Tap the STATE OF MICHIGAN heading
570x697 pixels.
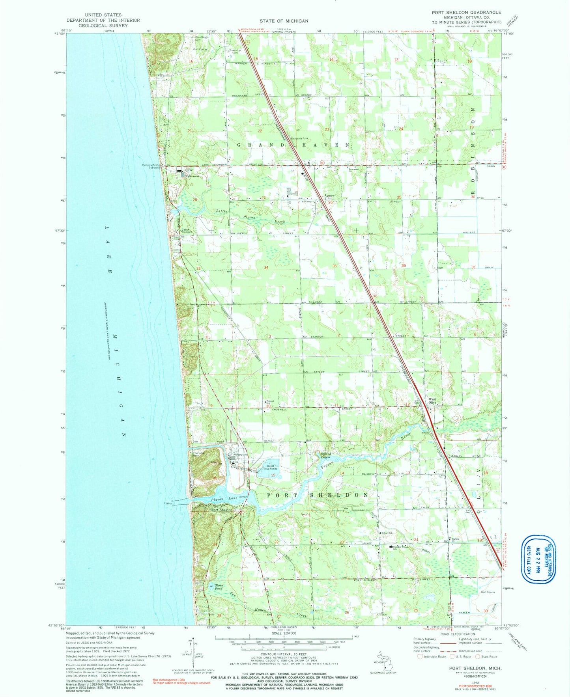tap(284, 20)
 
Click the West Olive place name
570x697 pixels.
tap(432, 401)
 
